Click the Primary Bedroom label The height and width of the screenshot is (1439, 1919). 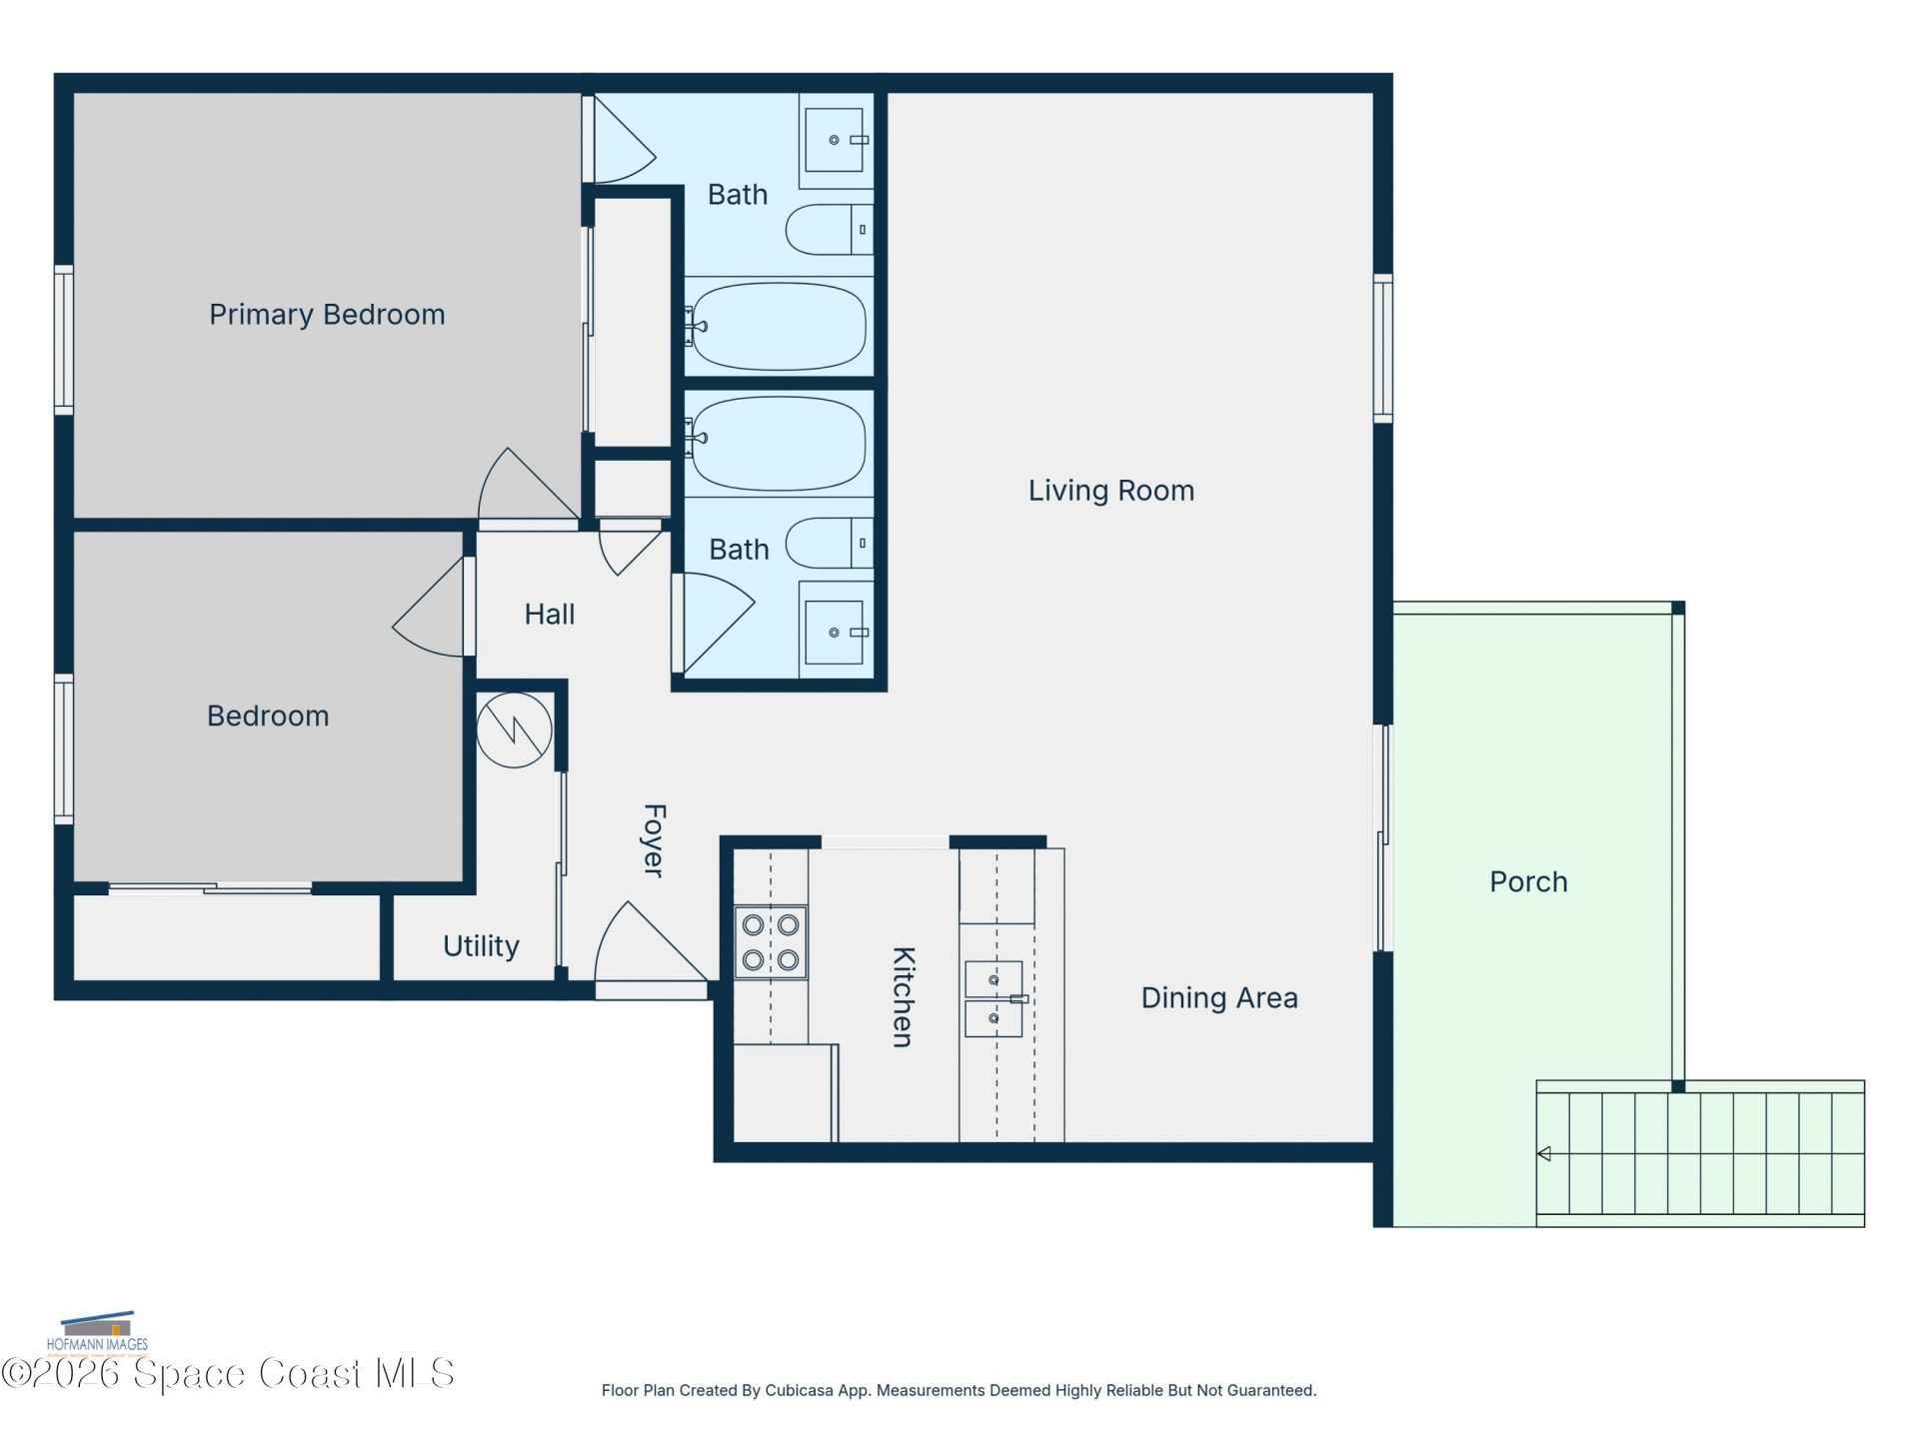pyautogui.click(x=327, y=315)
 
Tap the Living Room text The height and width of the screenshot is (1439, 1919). pyautogui.click(x=1110, y=491)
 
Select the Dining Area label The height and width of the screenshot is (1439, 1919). pyautogui.click(x=1218, y=997)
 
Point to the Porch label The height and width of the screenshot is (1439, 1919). pyautogui.click(x=1527, y=881)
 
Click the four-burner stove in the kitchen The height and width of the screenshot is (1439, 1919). pyautogui.click(x=771, y=942)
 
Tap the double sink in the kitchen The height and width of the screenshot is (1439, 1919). pyautogui.click(x=993, y=998)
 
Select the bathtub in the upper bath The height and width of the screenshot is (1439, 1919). pyautogui.click(x=779, y=327)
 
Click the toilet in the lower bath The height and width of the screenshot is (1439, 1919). pyautogui.click(x=830, y=544)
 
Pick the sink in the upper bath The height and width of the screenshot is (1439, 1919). pyautogui.click(x=835, y=140)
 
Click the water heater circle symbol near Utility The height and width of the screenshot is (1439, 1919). pyautogui.click(x=514, y=730)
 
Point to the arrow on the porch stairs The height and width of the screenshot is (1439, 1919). pyautogui.click(x=1544, y=1154)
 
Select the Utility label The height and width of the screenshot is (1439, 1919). pyautogui.click(x=481, y=946)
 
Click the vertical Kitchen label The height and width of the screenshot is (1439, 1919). pyautogui.click(x=903, y=996)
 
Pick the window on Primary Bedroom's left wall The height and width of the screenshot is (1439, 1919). pyautogui.click(x=63, y=340)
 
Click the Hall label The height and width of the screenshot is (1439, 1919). pyautogui.click(x=549, y=614)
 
